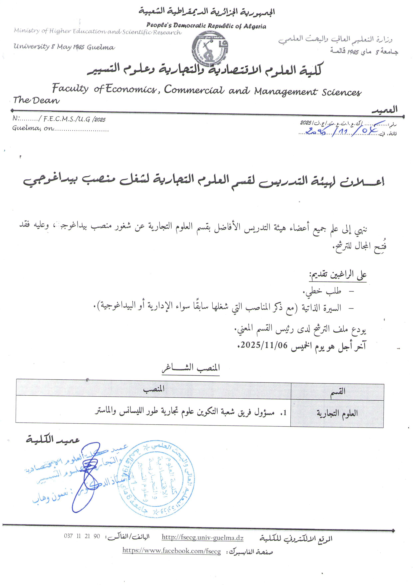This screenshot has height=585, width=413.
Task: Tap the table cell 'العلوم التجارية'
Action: [337, 413]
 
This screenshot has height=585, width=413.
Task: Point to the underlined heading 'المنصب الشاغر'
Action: [191, 368]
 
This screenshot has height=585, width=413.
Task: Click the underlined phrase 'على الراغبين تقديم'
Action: [338, 275]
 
